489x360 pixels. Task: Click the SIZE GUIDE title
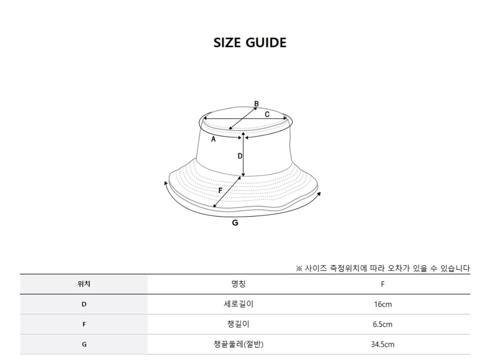250,43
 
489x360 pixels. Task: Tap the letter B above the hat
256,104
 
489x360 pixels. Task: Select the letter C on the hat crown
267,114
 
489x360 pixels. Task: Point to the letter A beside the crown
213,140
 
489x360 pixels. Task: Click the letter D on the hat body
240,156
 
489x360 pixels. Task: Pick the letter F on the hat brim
220,190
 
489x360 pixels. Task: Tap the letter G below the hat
235,223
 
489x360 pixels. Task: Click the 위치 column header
83,284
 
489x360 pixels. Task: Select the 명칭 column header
238,284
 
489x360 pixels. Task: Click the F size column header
383,284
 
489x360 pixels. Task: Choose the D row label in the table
84,304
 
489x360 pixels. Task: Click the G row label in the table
84,344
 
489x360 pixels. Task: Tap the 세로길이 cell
238,304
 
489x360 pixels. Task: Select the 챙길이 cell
238,324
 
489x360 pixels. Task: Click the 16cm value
383,304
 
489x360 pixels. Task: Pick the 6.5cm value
383,324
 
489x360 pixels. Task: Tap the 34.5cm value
383,344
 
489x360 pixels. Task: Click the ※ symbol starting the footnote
299,269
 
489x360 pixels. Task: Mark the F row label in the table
84,324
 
